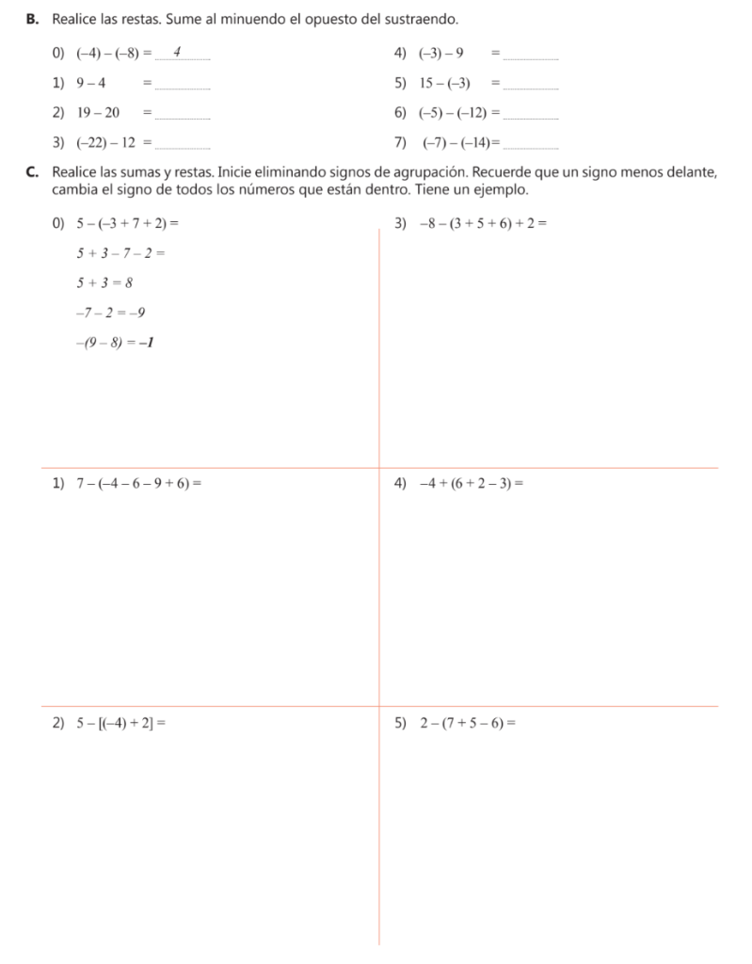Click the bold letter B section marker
32,19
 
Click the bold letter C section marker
32,172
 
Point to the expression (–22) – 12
106,143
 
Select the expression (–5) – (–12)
457,113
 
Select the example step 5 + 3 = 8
104,281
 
